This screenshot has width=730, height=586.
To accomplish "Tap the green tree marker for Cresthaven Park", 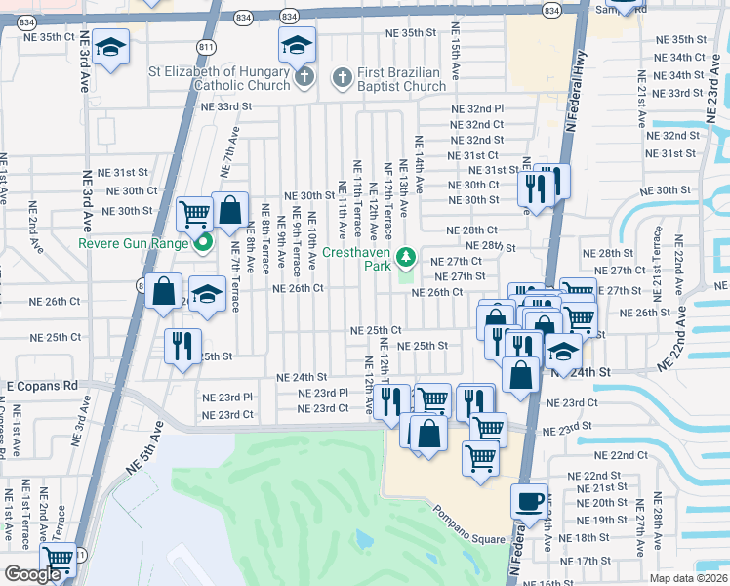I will coord(408,258).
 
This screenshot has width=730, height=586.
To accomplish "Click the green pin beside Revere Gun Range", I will coord(203,242).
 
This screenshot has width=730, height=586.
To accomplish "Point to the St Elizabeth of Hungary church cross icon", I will coord(304,76).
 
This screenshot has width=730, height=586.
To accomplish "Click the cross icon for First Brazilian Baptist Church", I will coord(342,76).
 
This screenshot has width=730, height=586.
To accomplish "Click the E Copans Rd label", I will coord(43,387).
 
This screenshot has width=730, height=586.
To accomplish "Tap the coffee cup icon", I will coord(530,501).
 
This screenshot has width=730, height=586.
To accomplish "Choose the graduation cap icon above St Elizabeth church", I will coord(297,43).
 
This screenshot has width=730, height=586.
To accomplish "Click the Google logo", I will coord(32,574).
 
